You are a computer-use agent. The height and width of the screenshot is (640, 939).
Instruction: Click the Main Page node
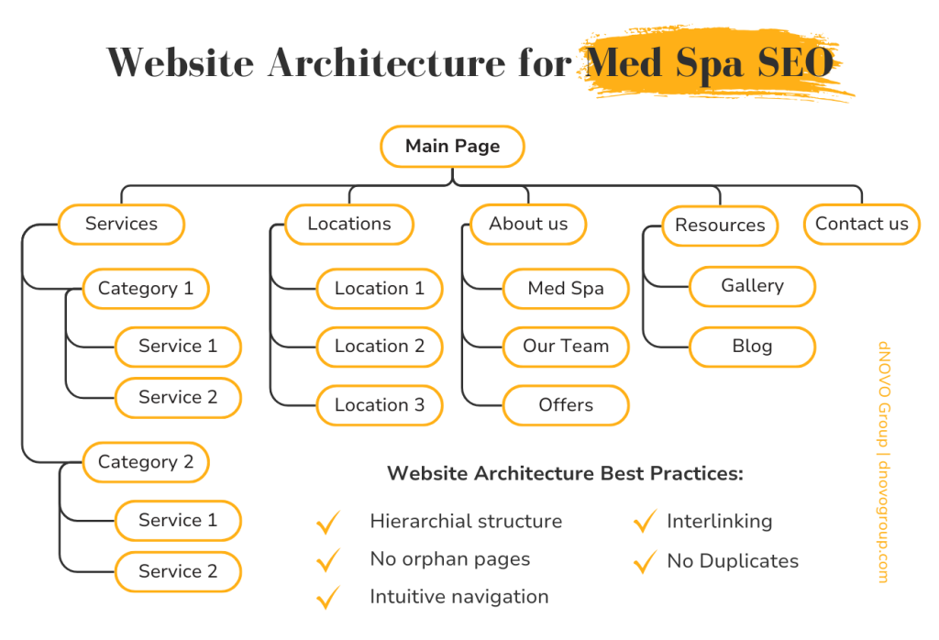452,147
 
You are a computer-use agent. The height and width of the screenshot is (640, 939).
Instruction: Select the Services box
121,224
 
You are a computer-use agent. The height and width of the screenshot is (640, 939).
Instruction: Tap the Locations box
348,224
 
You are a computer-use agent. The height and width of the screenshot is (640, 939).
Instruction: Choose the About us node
528,224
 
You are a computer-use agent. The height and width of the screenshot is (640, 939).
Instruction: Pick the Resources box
720,226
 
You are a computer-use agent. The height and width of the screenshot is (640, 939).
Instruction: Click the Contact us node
861,224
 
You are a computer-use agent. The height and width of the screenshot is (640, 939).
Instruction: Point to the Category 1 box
146,289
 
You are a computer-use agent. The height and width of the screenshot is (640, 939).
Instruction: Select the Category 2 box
146,462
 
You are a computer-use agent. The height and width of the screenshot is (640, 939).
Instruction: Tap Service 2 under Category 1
178,398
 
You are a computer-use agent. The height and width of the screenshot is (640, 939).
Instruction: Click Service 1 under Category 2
178,521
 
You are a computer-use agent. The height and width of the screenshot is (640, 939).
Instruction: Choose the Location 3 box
380,405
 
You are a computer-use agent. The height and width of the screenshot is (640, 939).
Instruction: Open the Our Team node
566,347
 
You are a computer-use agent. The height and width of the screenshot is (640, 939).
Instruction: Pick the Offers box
566,405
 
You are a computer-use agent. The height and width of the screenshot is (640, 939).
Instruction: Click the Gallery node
752,286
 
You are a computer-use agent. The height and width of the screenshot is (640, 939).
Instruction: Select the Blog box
752,347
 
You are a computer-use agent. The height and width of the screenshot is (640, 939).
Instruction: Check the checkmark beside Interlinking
645,522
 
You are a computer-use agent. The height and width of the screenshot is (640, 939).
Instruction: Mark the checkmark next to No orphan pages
327,559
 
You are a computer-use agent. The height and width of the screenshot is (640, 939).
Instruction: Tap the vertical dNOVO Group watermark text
883,462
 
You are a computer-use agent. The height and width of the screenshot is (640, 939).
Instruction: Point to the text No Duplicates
733,561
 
